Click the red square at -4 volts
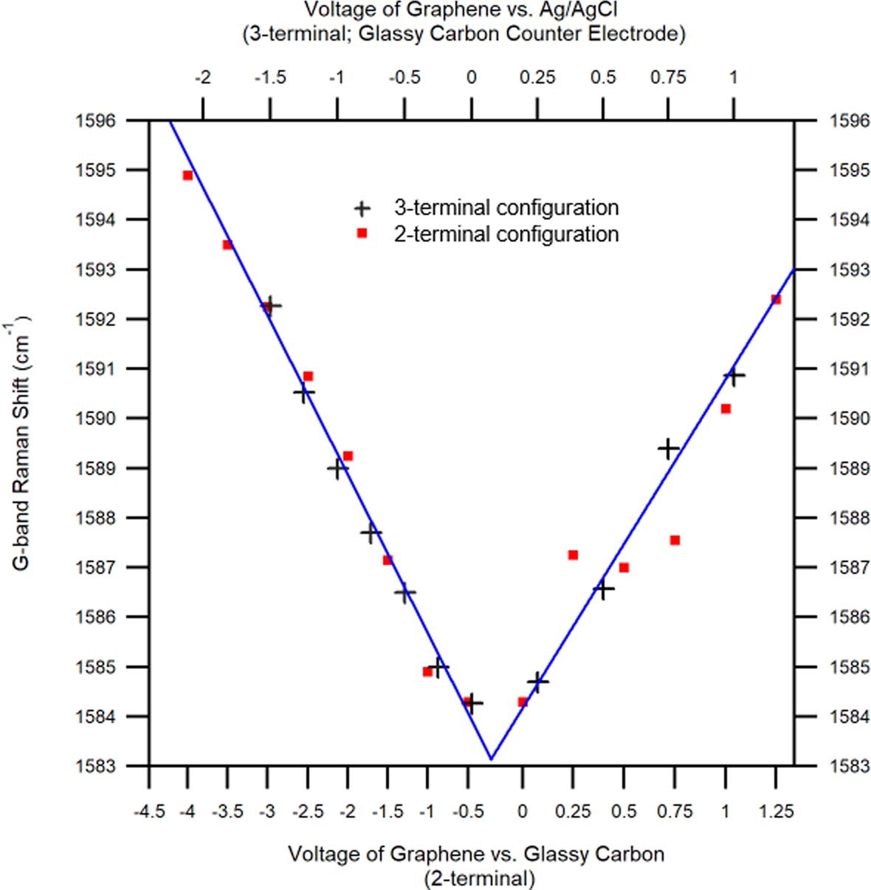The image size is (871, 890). coord(187,175)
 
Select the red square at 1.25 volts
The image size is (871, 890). coord(776,299)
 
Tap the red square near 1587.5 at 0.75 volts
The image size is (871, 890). coord(675,540)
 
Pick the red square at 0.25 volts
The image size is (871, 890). coord(573,555)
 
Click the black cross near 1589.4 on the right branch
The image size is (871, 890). coord(668,448)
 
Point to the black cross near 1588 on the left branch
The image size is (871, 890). coord(371,532)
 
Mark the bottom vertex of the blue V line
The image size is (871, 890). coord(491,759)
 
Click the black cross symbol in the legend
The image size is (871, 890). coord(362,208)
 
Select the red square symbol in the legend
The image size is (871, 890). coord(362,234)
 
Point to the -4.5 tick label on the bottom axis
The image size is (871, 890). coord(148,812)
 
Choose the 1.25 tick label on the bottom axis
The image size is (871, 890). coord(776,812)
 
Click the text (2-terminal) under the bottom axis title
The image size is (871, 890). coord(479,878)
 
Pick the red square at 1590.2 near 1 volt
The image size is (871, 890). coord(726,408)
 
